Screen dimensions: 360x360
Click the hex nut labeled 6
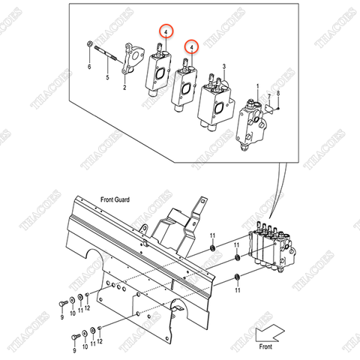(90, 44)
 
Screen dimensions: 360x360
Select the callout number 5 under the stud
(106, 77)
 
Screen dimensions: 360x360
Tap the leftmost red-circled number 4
(163, 31)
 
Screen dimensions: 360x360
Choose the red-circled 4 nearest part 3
(192, 46)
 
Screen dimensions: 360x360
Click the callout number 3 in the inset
(223, 66)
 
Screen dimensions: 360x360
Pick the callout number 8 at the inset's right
(278, 93)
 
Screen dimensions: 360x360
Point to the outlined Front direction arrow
(269, 331)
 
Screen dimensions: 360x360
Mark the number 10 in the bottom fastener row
(83, 348)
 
